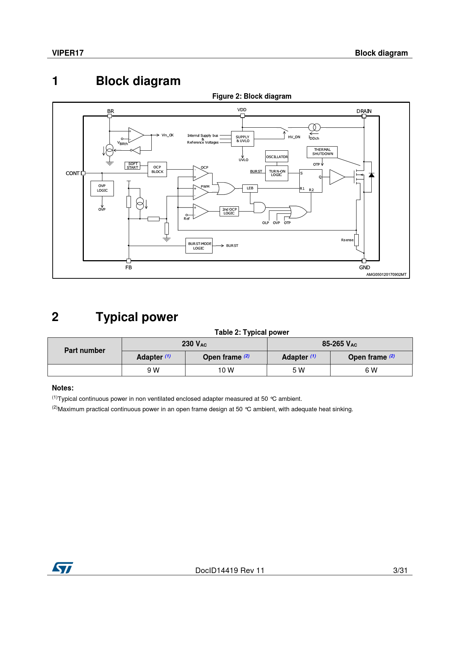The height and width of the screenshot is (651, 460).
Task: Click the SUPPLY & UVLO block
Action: pos(243,139)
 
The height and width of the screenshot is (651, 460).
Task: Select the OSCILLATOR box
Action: pos(277,157)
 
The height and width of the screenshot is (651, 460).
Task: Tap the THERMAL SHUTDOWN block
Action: pos(322,152)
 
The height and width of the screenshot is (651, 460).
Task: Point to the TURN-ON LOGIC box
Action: pos(277,173)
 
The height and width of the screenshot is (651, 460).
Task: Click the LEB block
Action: pos(250,188)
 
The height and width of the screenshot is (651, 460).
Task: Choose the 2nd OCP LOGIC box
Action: pos(229,211)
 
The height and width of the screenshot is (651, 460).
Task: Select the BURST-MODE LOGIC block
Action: pos(199,246)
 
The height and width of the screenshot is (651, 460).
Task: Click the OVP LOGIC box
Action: pos(102,188)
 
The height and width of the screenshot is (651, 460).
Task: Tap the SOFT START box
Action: pos(132,166)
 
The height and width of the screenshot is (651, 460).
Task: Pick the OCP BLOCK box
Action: pos(157,169)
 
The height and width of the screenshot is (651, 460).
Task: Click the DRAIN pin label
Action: pos(364,111)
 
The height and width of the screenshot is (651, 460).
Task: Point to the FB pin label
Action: pos(128,267)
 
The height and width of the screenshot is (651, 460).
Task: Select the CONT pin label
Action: pos(72,173)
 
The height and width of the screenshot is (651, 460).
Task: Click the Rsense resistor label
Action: pos(347,240)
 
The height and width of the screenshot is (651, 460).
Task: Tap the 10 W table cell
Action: pos(226,370)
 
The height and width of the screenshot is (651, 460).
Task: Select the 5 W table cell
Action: pos(298,370)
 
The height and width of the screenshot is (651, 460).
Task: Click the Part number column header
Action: pos(85,350)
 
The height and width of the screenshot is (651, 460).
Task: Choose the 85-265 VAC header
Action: pos(339,344)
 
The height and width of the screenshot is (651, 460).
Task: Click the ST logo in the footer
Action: pos(62,567)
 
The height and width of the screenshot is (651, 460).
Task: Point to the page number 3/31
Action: pos(400,570)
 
